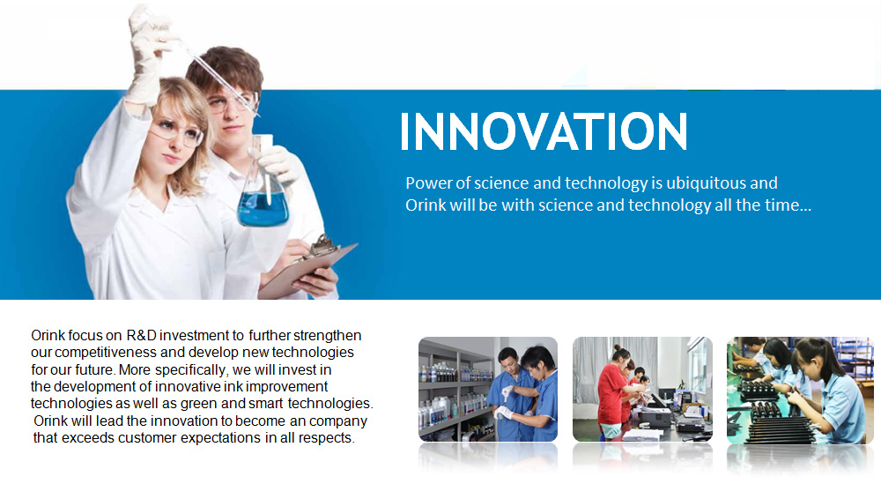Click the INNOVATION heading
point(544,131)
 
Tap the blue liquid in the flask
point(263,209)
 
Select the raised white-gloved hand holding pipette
point(147,56)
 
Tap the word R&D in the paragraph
point(141,335)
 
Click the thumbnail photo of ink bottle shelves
point(488,390)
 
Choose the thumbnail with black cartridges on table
point(800,391)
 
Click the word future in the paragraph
point(93,369)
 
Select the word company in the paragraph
point(338,421)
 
